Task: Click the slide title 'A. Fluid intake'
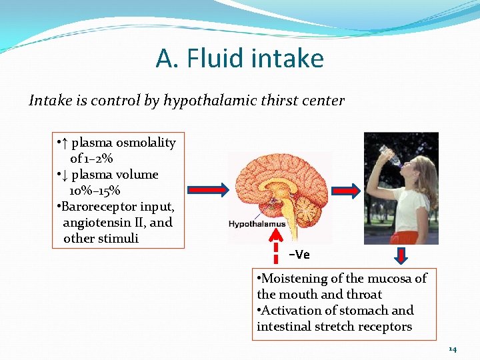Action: [x=239, y=58]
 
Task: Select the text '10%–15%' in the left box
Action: [x=95, y=191]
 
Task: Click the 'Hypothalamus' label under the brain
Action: [x=257, y=224]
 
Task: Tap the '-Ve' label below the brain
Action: [x=299, y=255]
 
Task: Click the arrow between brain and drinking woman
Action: [x=347, y=188]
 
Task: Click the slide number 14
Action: [x=453, y=349]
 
